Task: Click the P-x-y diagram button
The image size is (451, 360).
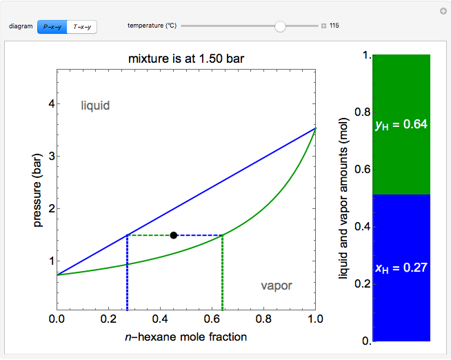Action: (x=52, y=27)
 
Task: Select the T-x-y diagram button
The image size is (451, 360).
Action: (x=82, y=27)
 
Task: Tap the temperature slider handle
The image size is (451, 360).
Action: (x=280, y=26)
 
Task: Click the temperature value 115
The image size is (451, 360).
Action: (x=334, y=26)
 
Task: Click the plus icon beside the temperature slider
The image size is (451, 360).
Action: (x=323, y=26)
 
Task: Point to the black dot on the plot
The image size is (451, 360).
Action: (x=174, y=235)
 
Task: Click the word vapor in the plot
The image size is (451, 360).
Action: (x=276, y=286)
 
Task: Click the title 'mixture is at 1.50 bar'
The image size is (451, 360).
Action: (x=186, y=57)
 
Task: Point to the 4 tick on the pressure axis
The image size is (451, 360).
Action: (x=50, y=103)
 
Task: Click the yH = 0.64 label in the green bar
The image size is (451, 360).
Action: (x=401, y=125)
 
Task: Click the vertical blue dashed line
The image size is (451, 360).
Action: (x=128, y=276)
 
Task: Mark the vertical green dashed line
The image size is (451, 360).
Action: (x=222, y=276)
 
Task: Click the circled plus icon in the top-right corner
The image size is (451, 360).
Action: (x=443, y=11)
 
